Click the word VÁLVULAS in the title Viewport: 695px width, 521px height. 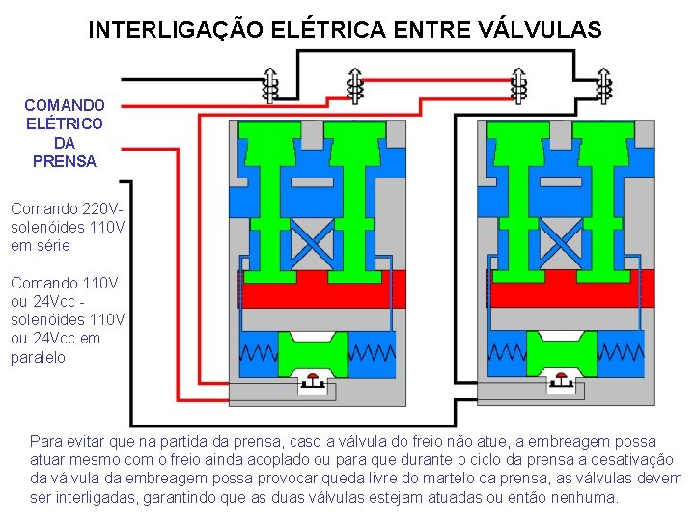click(x=540, y=30)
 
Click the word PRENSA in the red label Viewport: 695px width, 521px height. click(x=65, y=162)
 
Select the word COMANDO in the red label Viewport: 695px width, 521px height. click(x=65, y=104)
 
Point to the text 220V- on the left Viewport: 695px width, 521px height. click(x=105, y=208)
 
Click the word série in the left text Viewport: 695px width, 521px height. click(x=54, y=245)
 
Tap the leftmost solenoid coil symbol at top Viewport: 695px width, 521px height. click(x=271, y=85)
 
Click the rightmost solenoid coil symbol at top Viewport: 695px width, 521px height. click(x=604, y=85)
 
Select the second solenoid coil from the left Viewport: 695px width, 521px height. click(x=355, y=85)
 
